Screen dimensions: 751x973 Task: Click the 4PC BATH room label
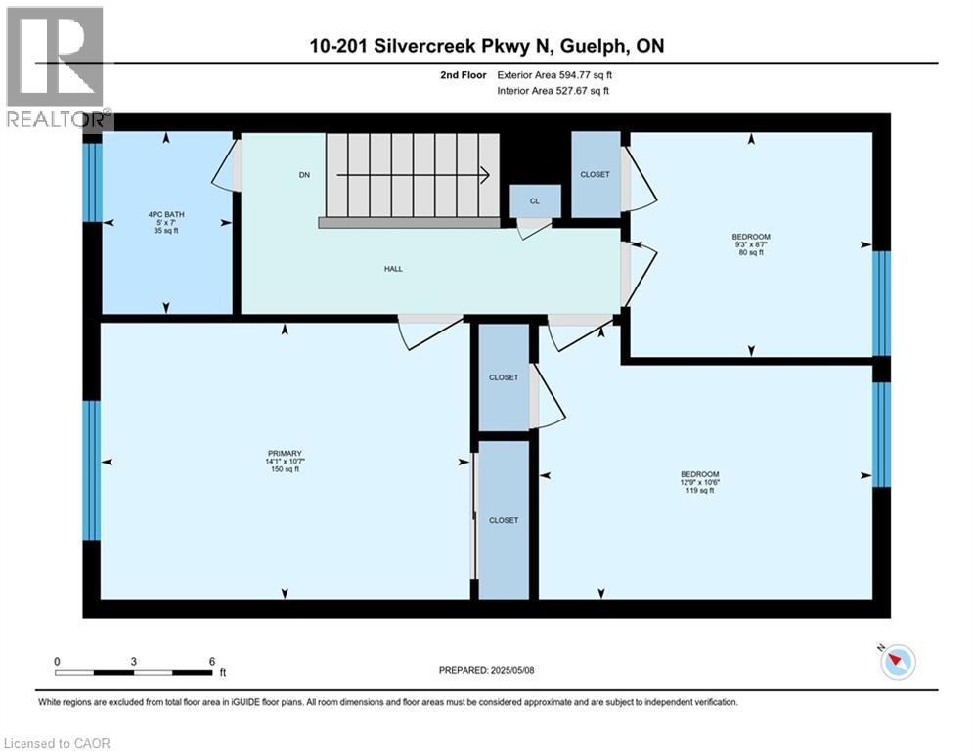click(x=166, y=214)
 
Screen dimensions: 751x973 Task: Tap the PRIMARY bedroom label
click(x=286, y=453)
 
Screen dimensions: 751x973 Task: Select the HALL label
click(x=393, y=269)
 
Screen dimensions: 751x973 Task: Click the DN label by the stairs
click(x=304, y=176)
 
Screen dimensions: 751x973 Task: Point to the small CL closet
click(x=535, y=200)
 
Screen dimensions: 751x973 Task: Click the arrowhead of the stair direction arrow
click(x=483, y=175)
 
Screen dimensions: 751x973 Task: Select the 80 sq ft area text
click(x=751, y=253)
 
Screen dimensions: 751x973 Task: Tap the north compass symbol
click(x=898, y=662)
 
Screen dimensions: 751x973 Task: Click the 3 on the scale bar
click(x=133, y=661)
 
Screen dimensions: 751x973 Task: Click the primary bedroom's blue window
click(x=92, y=470)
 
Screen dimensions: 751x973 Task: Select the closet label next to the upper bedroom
click(x=595, y=175)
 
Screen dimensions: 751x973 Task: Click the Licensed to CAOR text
click(x=58, y=743)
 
